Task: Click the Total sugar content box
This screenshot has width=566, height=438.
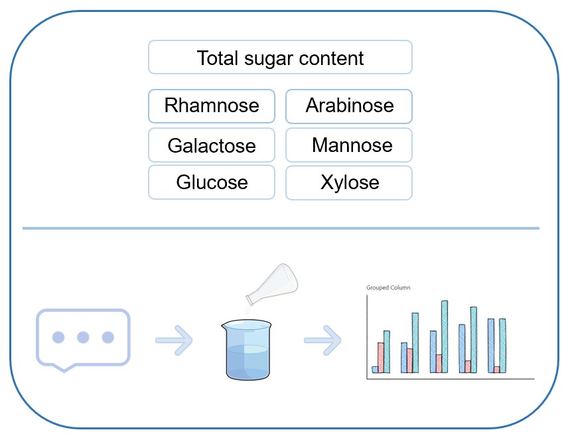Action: (279, 57)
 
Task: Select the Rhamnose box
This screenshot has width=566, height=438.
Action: (211, 106)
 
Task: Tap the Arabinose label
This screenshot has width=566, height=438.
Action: (350, 106)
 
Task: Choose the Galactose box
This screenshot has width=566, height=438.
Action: (211, 145)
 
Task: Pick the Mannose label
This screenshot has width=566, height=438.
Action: (352, 145)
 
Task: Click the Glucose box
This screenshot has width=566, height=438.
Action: (211, 182)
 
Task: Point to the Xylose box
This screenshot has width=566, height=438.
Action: (349, 182)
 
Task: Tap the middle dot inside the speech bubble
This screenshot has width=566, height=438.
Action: (83, 337)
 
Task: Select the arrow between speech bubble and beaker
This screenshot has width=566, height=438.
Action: (174, 340)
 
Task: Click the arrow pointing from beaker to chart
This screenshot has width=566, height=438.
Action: (322, 340)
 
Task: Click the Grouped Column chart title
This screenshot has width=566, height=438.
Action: (388, 288)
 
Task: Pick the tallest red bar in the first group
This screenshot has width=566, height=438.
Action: (381, 357)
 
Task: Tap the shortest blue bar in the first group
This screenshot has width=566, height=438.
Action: (375, 370)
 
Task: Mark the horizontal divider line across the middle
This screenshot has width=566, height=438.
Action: (281, 228)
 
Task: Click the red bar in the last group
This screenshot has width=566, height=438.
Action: (496, 370)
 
